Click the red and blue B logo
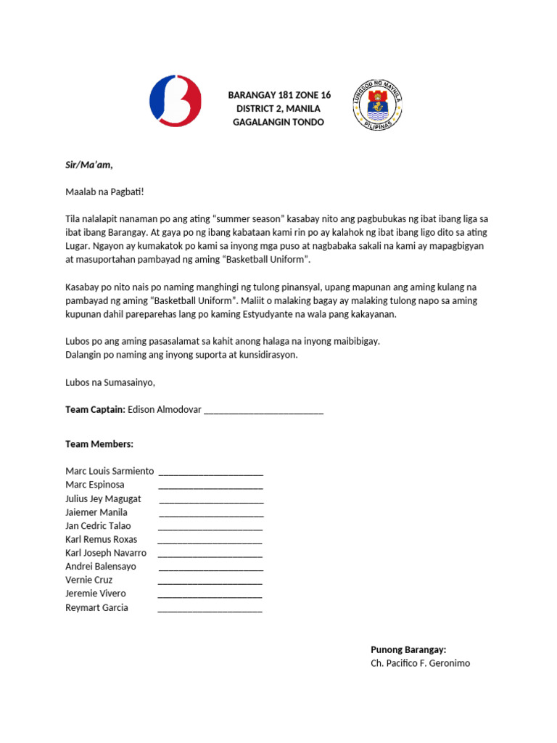point(176,99)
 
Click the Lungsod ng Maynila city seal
point(377,105)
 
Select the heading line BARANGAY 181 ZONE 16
point(279,95)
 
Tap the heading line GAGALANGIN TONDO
point(278,122)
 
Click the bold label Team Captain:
point(95,409)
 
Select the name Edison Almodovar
point(164,409)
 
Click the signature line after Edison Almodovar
point(264,412)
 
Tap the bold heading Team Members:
point(99,443)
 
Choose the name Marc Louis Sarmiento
point(110,471)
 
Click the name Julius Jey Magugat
point(103,498)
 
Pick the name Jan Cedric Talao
point(98,525)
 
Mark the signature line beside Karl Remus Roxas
point(210,542)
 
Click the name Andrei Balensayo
point(101,566)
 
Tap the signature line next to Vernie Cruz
point(210,583)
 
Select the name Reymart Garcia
point(96,607)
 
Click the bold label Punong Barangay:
point(408,649)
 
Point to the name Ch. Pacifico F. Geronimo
point(420,662)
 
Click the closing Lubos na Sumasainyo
point(110,382)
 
